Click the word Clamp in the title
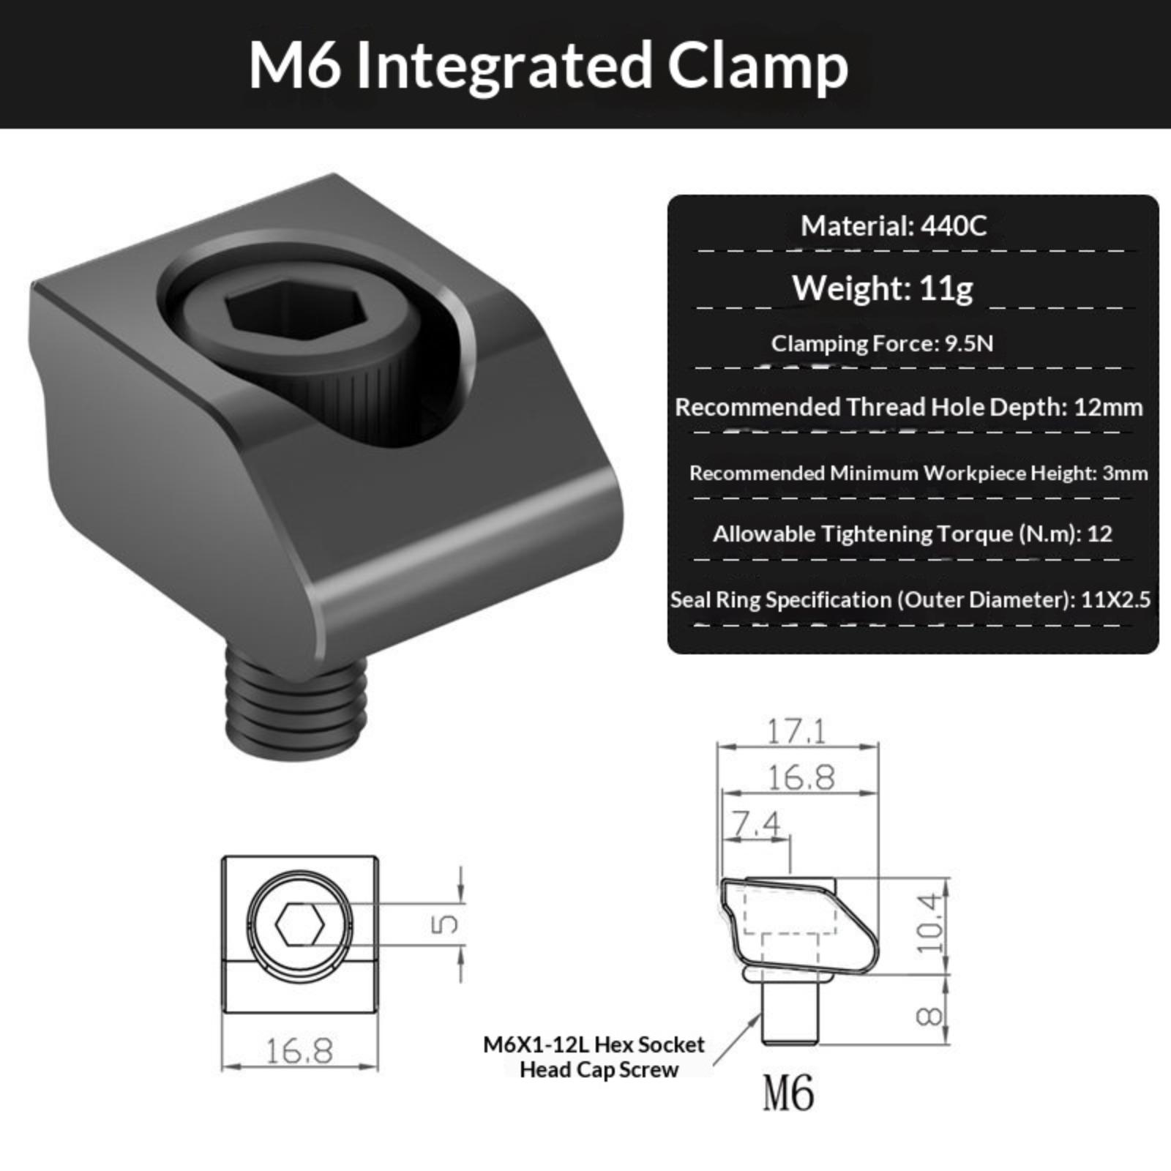pos(757,67)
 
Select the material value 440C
pos(954,225)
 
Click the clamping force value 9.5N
pos(968,343)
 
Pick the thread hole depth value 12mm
pos(1108,407)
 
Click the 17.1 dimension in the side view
pos(796,730)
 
